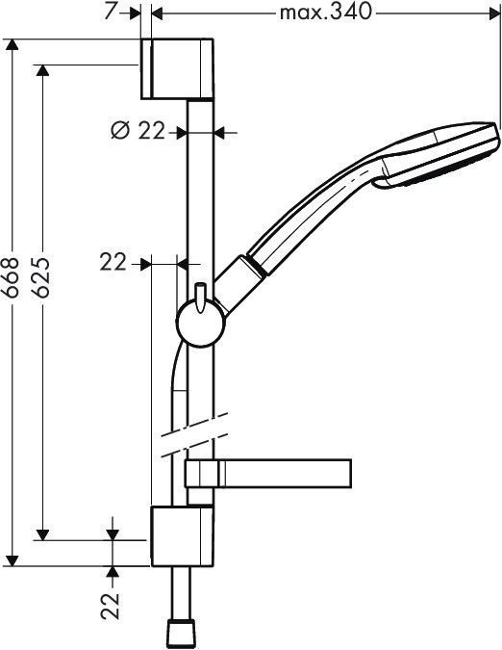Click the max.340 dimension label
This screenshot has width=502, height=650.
click(324, 13)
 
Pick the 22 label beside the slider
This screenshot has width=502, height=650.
click(113, 262)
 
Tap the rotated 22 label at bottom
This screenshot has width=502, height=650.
click(113, 604)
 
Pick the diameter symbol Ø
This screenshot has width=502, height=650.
click(120, 132)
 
